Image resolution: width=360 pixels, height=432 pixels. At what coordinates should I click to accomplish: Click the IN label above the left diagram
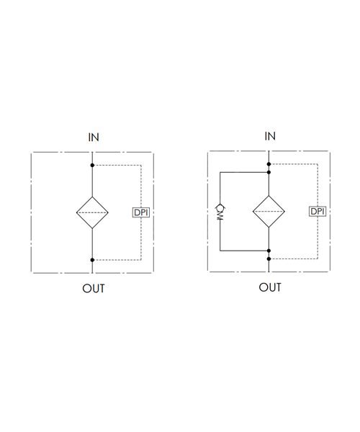point(94,138)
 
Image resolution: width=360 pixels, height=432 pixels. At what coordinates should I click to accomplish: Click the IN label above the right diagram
point(270,136)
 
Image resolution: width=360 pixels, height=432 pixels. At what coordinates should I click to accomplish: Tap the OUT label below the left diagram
point(94,289)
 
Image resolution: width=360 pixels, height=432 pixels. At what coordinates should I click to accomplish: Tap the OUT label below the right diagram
point(270,287)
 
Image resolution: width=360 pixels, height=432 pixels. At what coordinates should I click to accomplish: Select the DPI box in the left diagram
point(141,212)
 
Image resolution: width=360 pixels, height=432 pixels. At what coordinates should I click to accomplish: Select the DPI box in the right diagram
point(318,211)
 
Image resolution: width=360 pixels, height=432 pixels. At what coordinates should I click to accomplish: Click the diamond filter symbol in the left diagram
point(92,212)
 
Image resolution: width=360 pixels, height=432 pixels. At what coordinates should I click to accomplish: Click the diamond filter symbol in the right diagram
point(269,211)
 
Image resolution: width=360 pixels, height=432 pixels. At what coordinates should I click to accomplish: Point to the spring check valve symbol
point(220,212)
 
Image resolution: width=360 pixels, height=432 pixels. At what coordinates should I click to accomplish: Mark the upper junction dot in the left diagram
point(92,166)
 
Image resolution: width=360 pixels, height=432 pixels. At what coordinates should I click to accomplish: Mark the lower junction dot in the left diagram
point(92,260)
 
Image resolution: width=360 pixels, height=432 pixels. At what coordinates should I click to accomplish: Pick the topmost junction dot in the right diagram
point(269,164)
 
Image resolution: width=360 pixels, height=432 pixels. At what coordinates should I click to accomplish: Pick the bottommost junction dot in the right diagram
point(269,258)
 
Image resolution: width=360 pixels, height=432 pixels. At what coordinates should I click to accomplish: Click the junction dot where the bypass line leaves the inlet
point(269,173)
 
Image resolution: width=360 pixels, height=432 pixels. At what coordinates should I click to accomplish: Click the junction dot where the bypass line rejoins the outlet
point(269,251)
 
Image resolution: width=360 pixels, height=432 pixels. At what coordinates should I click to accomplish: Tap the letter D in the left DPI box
point(137,212)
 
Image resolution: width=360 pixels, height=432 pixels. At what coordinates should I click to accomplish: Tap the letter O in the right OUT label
point(263,287)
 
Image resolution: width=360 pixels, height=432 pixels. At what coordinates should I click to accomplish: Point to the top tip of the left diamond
point(92,197)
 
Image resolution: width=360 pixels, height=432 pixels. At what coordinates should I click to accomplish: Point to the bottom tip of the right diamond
point(269,228)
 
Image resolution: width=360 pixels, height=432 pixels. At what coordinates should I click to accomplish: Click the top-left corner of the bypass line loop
point(220,173)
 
